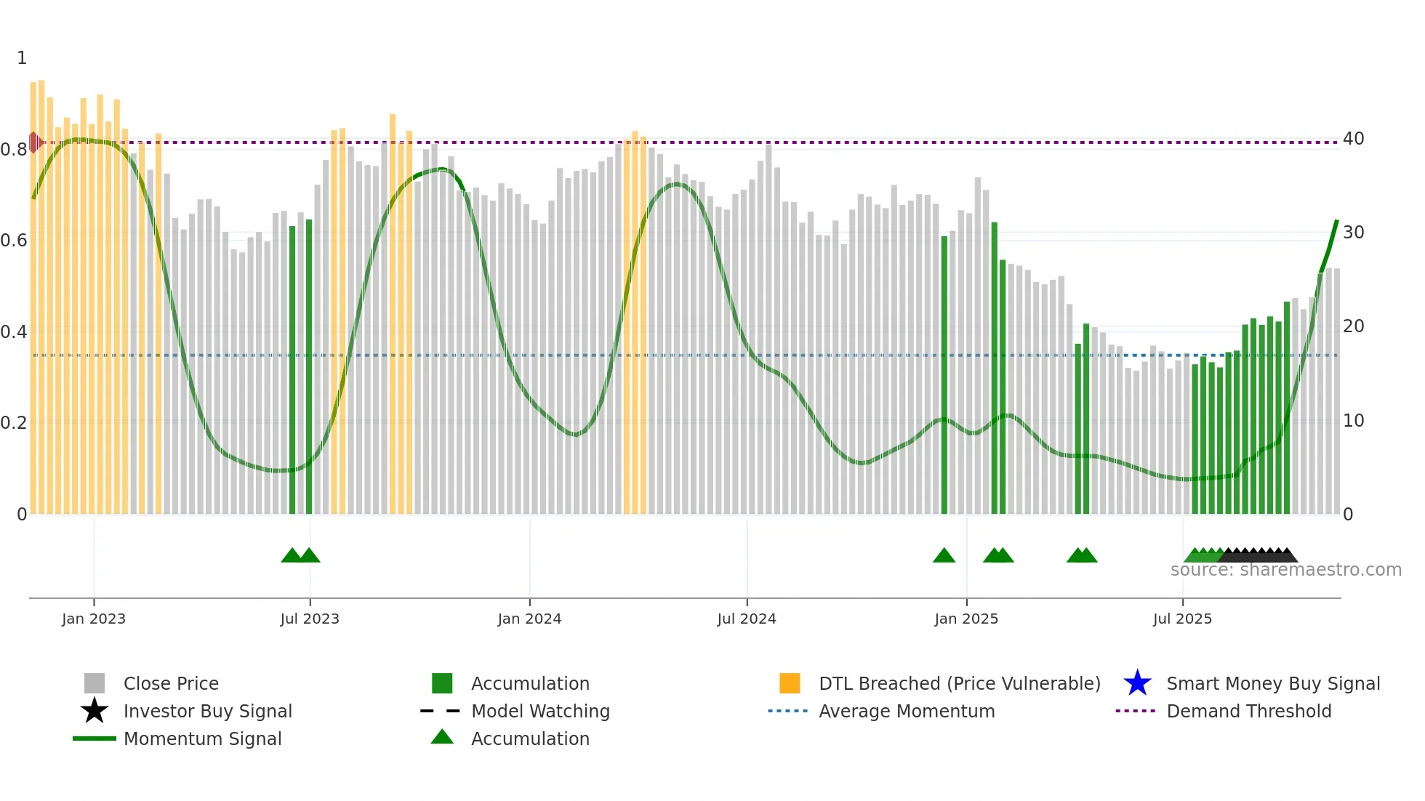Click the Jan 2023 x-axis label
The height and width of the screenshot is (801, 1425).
coord(93,619)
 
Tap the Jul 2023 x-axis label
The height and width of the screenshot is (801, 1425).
coord(310,619)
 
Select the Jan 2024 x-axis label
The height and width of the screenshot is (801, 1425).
coord(529,619)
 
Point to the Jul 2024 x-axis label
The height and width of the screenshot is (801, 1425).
coord(747,619)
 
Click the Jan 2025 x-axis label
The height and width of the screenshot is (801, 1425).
coord(966,619)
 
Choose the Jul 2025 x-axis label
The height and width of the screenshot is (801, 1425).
coord(1182,619)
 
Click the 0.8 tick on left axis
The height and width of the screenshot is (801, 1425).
coord(14,150)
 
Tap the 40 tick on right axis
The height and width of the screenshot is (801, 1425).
coord(1353,139)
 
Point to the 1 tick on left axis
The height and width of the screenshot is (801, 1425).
coord(22,58)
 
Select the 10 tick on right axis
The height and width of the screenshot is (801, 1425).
coord(1353,421)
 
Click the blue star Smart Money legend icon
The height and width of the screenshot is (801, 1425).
coord(1137,683)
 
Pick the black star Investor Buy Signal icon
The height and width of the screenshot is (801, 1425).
coord(95,711)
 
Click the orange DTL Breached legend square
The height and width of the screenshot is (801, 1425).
coord(790,683)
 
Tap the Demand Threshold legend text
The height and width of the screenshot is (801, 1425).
coord(1248,711)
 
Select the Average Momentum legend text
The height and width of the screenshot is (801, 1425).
coord(907,711)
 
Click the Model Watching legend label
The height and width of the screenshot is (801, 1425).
coord(540,711)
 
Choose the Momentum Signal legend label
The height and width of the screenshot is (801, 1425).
coord(202,738)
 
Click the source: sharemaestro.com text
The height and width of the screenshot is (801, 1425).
coord(1285,570)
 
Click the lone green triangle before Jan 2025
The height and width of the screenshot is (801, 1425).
coord(944,556)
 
